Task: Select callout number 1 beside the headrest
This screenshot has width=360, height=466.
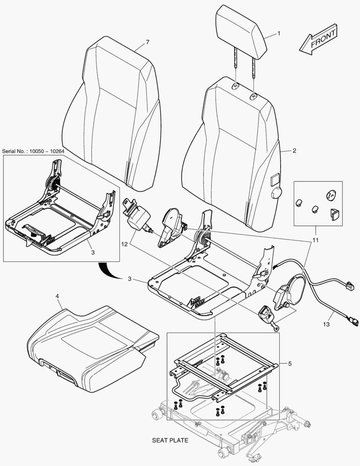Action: (x=279, y=33)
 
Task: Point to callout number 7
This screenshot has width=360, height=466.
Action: (x=147, y=42)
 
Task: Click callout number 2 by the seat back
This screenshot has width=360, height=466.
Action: (x=294, y=151)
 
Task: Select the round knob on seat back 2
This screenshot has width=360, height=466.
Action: (x=275, y=194)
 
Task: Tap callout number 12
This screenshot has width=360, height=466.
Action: (x=124, y=244)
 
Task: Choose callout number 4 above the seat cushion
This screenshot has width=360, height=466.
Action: (x=57, y=296)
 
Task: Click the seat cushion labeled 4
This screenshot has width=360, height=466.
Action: (x=86, y=345)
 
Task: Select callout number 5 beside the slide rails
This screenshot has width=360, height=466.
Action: (x=290, y=364)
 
